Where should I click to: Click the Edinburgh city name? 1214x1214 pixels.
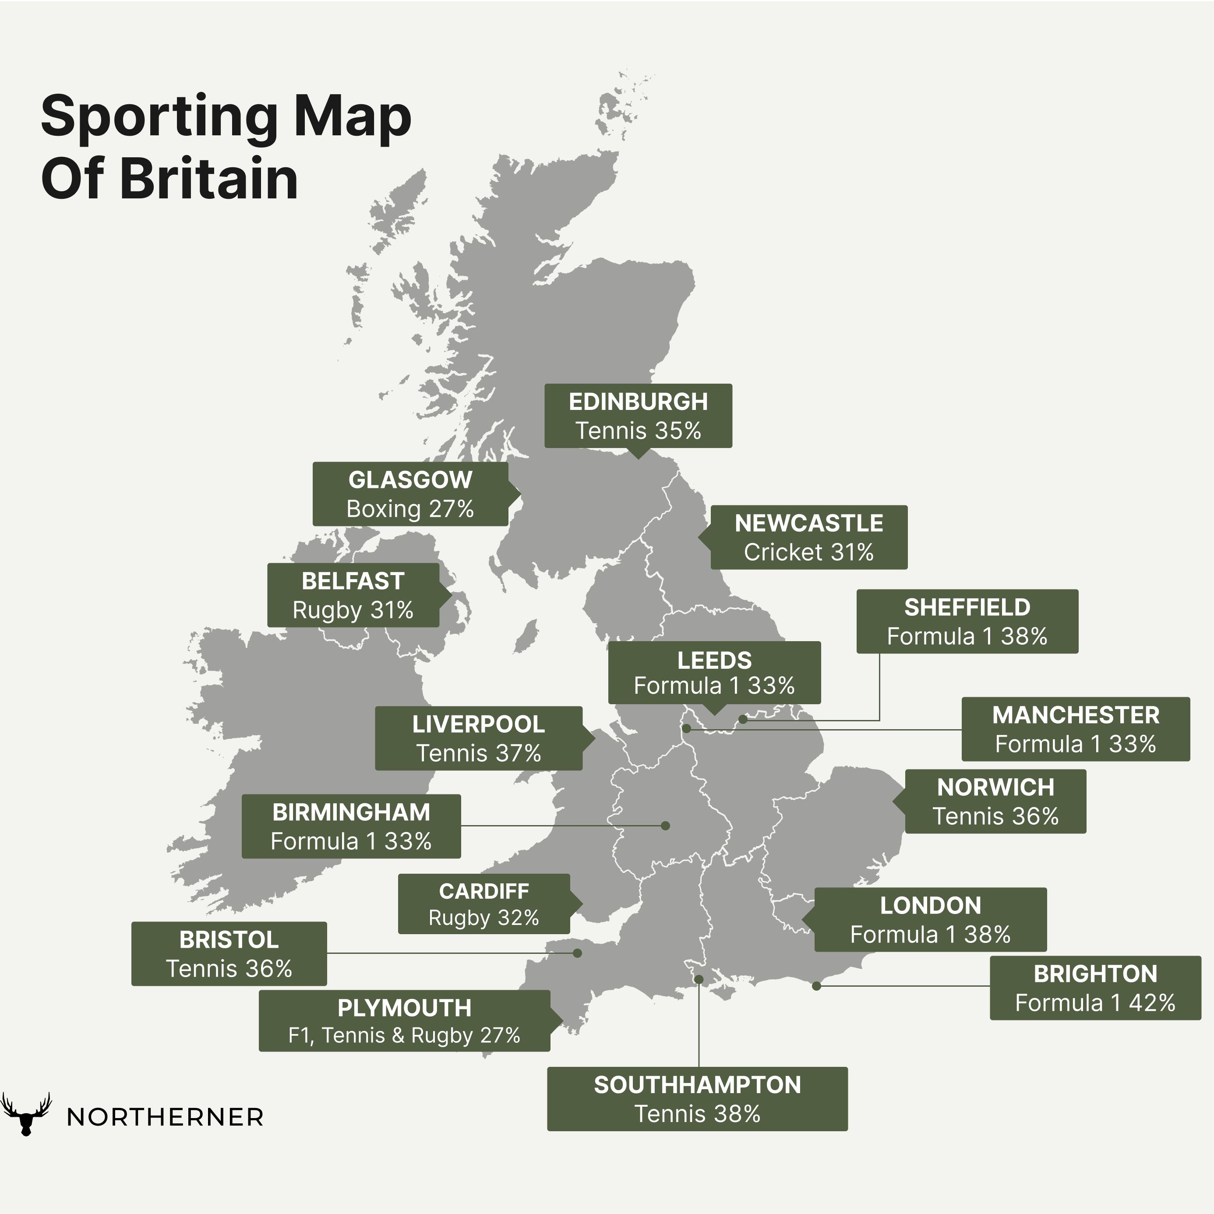click(638, 402)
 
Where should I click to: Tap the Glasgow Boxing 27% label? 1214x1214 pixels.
click(410, 494)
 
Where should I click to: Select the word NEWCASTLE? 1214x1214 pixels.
click(809, 523)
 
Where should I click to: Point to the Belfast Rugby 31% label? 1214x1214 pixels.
click(353, 595)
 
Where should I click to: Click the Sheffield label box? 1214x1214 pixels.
click(967, 621)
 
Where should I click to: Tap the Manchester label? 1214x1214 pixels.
click(1075, 729)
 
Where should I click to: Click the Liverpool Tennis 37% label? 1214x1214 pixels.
click(478, 738)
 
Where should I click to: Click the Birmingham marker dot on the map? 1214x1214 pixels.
click(665, 826)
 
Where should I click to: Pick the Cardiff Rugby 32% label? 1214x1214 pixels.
click(484, 903)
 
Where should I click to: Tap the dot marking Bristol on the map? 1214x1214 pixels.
click(578, 953)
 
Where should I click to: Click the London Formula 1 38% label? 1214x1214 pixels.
click(930, 919)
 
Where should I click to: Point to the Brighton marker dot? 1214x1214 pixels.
click(816, 986)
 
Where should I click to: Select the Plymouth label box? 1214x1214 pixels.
click(404, 1020)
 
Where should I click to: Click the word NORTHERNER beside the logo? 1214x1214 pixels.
click(165, 1117)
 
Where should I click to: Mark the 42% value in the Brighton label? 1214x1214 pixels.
click(1152, 1003)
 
